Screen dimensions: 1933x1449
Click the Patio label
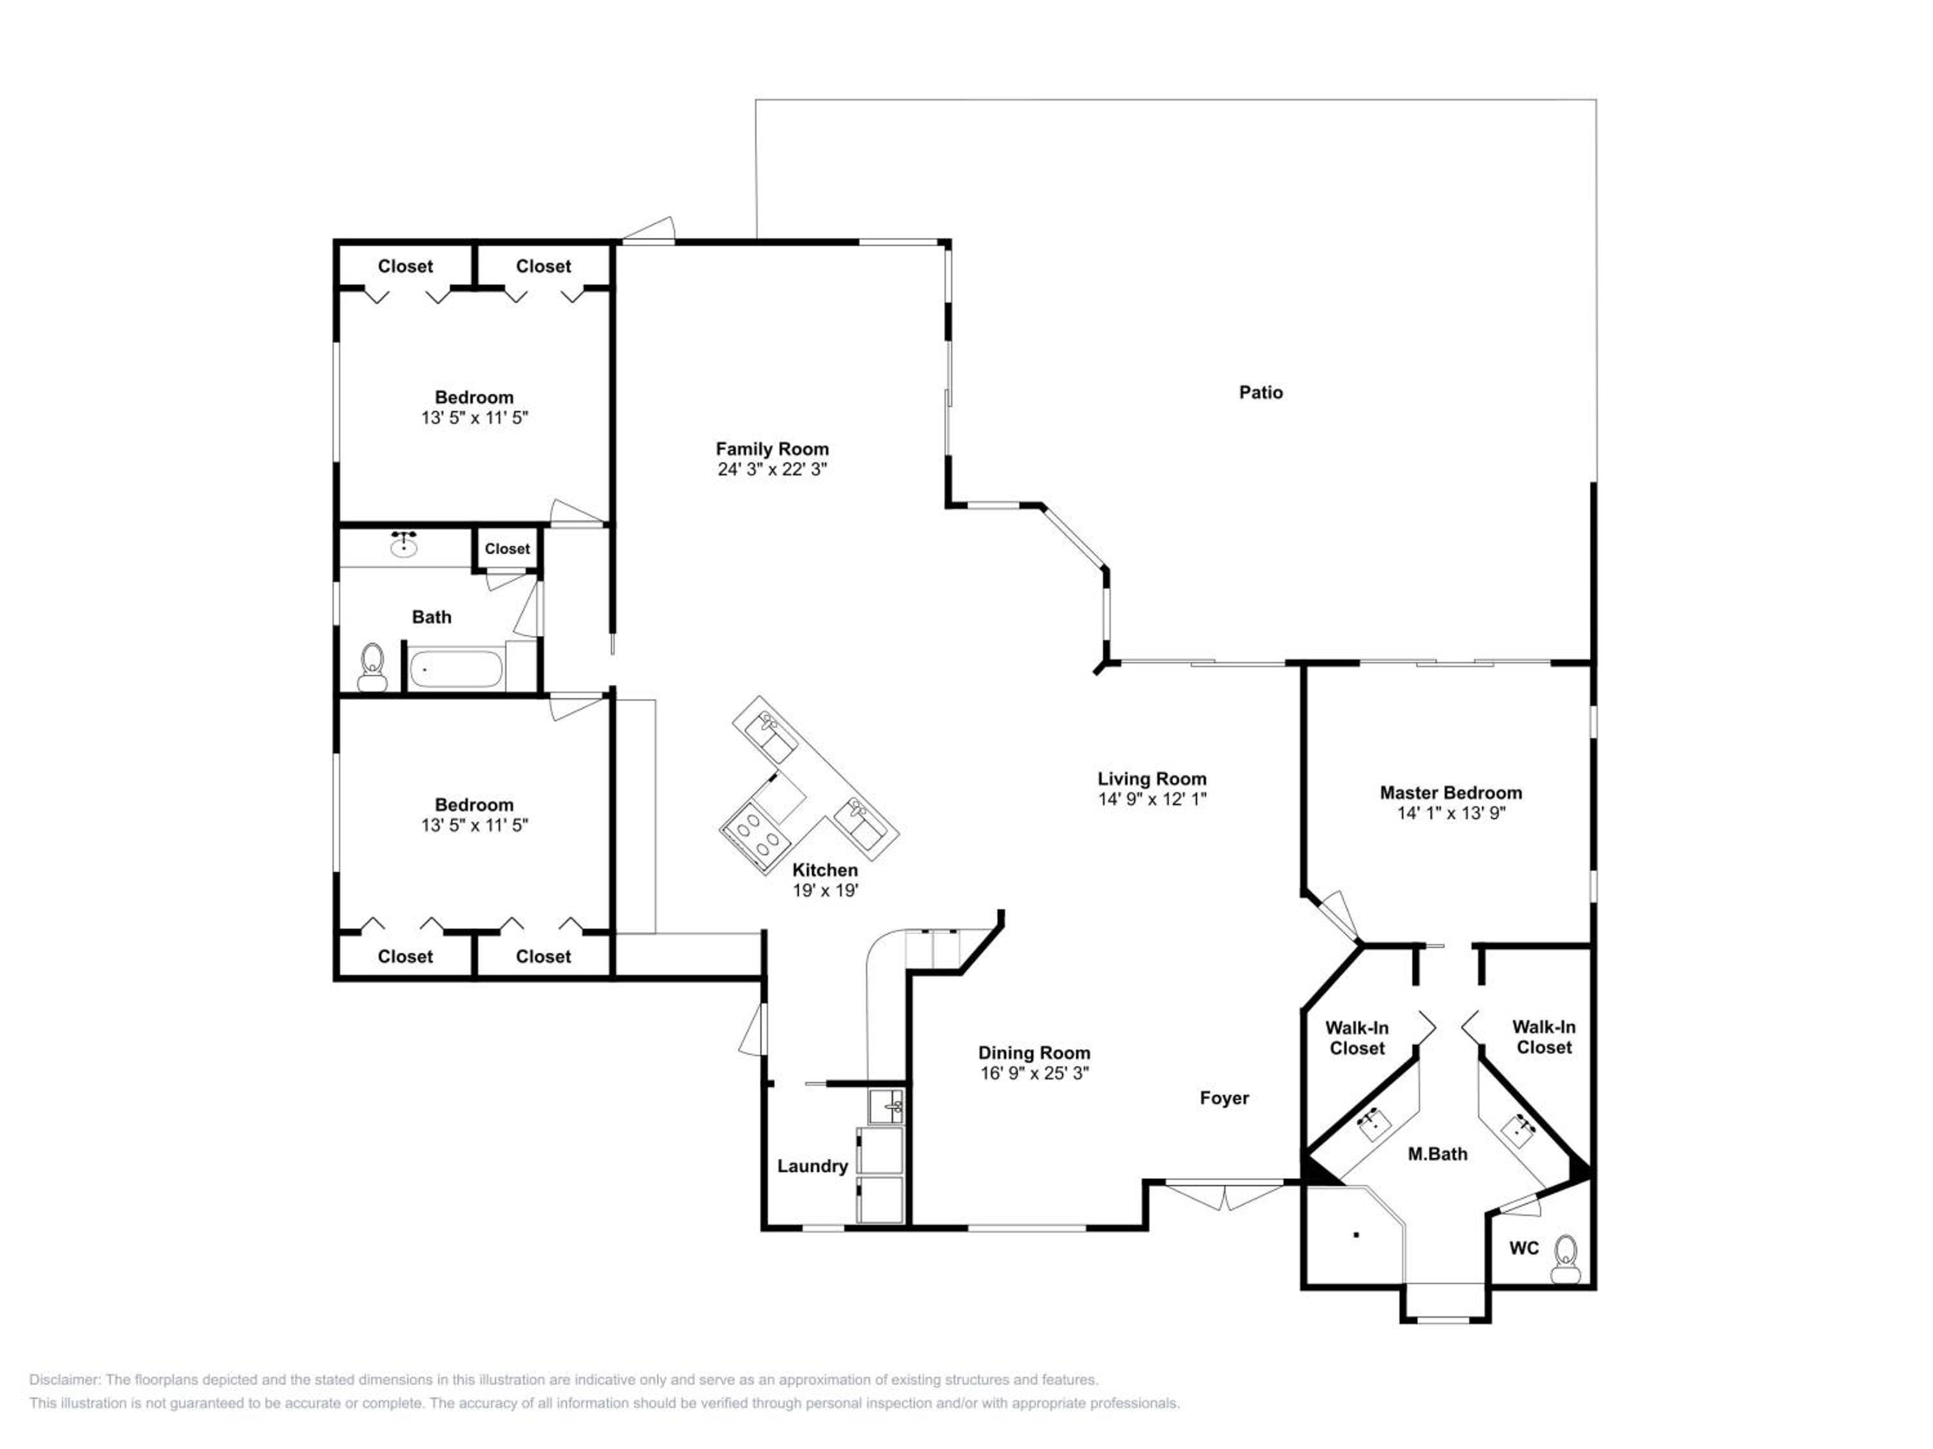click(x=1261, y=393)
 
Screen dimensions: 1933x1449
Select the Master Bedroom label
click(x=1450, y=793)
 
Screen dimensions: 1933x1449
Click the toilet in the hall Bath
click(x=372, y=668)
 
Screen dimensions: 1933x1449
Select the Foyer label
click(x=1224, y=1099)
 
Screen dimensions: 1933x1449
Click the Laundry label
click(x=813, y=1166)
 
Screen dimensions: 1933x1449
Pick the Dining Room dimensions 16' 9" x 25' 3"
click(x=1035, y=1074)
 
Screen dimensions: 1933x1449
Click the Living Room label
click(x=1152, y=779)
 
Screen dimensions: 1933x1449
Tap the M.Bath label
click(x=1438, y=1154)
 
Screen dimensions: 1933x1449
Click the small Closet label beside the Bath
click(x=507, y=549)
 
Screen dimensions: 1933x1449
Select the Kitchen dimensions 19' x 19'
click(x=825, y=891)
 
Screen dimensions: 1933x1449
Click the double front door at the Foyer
click(x=1225, y=1194)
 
